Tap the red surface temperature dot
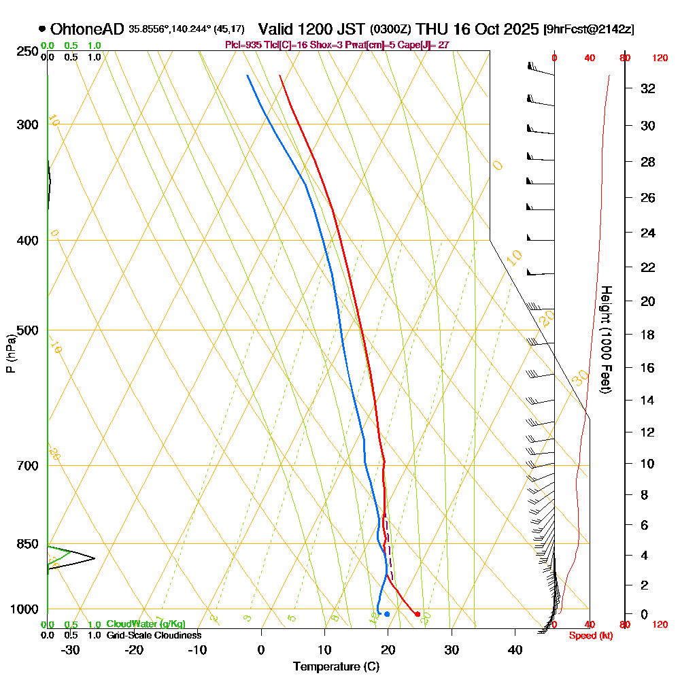[418, 614]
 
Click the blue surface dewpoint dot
[387, 614]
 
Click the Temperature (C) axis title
[336, 666]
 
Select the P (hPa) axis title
[10, 353]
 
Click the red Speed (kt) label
[587, 635]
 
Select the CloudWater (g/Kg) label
[146, 624]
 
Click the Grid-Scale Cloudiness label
[154, 635]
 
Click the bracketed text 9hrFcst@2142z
[590, 30]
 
